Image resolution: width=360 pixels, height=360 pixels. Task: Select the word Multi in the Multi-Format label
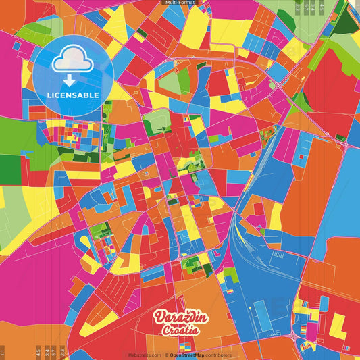[172, 3]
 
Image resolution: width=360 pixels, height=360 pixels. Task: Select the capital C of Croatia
[165, 330]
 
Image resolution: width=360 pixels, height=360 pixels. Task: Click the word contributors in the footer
[219, 355]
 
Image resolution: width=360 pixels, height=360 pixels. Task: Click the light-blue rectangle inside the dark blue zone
[259, 314]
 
